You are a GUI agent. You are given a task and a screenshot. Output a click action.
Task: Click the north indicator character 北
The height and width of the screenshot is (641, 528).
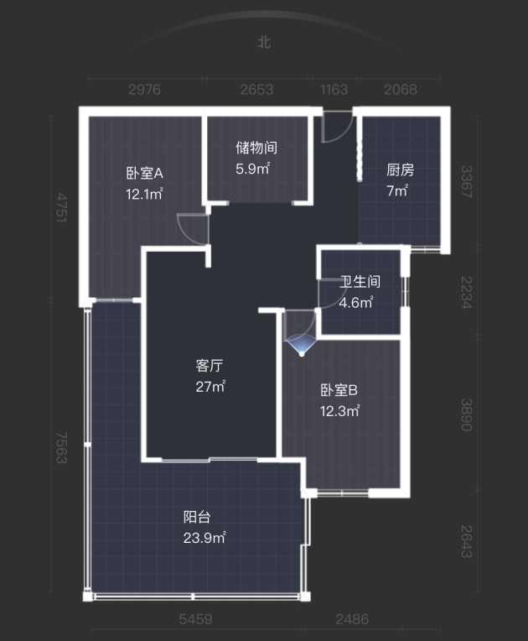coord(264,42)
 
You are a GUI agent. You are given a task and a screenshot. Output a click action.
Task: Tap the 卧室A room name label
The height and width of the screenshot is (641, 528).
coord(144,174)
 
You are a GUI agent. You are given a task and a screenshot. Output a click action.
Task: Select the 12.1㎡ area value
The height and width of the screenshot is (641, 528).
coord(144,193)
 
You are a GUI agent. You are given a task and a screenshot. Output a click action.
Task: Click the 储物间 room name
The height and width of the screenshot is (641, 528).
coord(256,148)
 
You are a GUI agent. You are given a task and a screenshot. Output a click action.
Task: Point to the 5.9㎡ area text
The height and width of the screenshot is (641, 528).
coord(253,168)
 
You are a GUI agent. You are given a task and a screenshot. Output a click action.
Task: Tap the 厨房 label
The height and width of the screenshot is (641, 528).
coord(400,170)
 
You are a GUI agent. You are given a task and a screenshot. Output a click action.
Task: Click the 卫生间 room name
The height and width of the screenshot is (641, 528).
coord(360,282)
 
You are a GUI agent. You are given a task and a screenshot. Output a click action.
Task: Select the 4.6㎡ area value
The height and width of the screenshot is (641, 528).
coord(355,302)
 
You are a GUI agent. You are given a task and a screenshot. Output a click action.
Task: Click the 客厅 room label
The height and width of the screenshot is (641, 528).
coord(210,366)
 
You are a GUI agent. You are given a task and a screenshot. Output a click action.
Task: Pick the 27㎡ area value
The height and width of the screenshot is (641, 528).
coord(210,386)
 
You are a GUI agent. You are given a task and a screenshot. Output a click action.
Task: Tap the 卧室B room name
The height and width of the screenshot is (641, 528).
coord(339,390)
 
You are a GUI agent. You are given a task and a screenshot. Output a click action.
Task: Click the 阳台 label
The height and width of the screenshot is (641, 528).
coord(197,517)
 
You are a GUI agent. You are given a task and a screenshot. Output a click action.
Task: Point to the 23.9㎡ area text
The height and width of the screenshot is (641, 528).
coord(204,538)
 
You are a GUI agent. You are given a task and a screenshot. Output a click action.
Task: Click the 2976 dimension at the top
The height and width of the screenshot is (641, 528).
coord(144,89)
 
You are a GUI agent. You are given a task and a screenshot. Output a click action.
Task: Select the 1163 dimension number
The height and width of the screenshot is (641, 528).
coord(334,89)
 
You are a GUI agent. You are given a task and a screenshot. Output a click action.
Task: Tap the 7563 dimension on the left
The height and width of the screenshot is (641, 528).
coord(60,447)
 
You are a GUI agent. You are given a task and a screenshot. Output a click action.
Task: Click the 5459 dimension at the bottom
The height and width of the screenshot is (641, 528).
coord(195,619)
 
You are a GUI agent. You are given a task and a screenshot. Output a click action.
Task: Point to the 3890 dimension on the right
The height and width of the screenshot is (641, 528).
coord(466,414)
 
